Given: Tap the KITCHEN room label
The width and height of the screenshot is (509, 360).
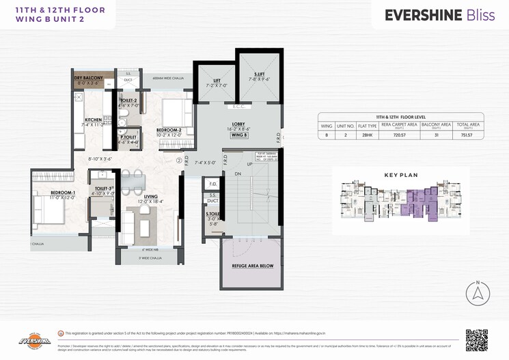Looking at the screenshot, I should tap(93, 120).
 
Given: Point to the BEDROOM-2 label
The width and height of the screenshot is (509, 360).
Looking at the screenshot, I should tap(168, 130).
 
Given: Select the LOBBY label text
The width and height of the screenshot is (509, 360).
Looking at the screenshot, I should tap(238, 123).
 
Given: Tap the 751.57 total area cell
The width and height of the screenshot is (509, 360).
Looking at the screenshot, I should tap(467, 135).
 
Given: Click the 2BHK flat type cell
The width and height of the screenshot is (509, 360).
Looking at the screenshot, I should tap(368, 135).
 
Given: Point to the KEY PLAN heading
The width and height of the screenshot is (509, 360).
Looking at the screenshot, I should tap(400, 175).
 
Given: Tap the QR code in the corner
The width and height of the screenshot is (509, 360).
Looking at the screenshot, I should tap(477, 340).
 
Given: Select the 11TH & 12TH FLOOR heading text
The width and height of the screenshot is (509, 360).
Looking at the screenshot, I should tap(50, 10).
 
